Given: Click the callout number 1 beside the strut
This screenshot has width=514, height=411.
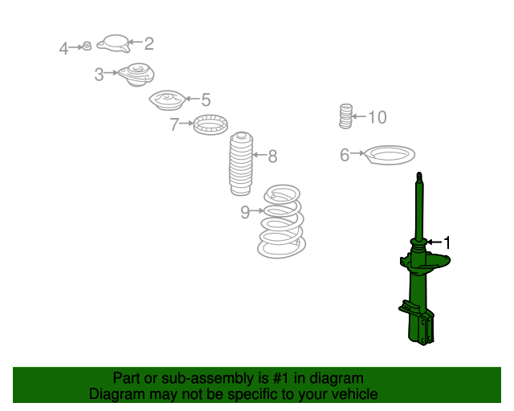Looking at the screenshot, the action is [447, 243].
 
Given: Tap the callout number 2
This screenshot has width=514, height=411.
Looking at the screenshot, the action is [149, 43].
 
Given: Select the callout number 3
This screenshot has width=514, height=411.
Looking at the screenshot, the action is [99, 75].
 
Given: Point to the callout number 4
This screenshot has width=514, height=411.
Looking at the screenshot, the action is [63, 48].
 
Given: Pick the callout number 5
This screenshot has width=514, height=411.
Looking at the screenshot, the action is [206, 100].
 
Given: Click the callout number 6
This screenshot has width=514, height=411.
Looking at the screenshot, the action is [345, 155].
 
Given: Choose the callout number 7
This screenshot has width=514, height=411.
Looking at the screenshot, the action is [174, 124].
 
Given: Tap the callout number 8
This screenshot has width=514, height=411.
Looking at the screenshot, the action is [272, 156].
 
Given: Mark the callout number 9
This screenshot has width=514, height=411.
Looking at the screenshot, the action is [245, 212].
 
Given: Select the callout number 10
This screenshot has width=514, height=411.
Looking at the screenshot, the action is [377, 117].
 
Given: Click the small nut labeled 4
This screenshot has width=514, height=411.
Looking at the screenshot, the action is [87, 46].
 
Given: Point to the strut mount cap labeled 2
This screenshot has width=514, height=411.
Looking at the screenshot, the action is [113, 43].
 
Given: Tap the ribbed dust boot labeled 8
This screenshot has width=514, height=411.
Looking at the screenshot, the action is [242, 164].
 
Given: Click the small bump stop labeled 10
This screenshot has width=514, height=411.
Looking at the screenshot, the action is [345, 116].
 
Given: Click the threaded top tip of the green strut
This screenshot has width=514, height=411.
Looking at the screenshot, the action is [419, 173].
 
